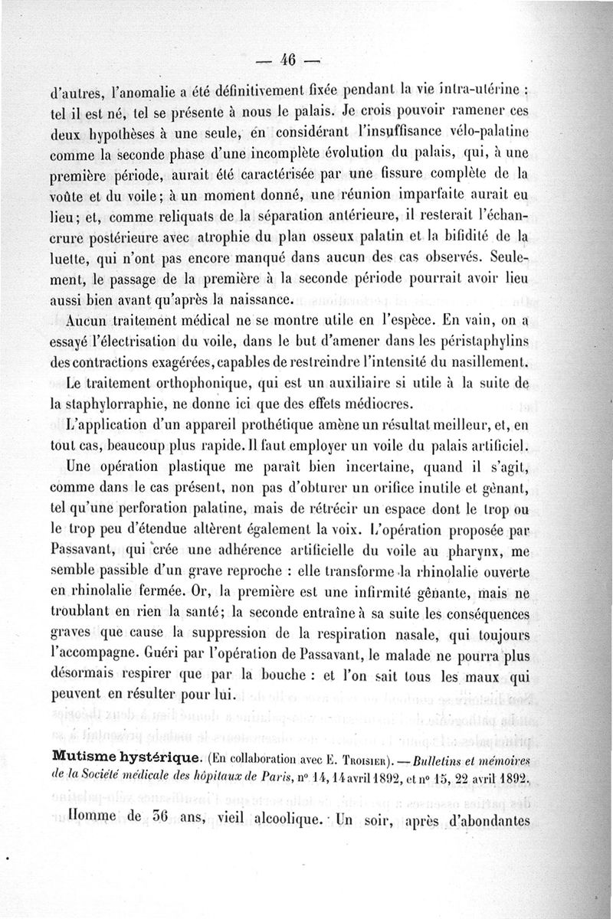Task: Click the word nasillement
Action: [481, 361]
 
